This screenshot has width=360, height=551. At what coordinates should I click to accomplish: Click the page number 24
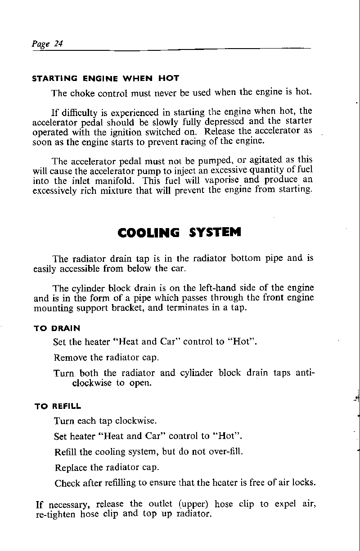(x=58, y=44)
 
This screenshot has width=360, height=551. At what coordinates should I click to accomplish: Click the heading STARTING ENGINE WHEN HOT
(x=106, y=78)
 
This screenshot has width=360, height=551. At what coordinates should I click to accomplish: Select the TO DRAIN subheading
(x=57, y=329)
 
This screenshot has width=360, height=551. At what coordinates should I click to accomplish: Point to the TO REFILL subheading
(x=58, y=406)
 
